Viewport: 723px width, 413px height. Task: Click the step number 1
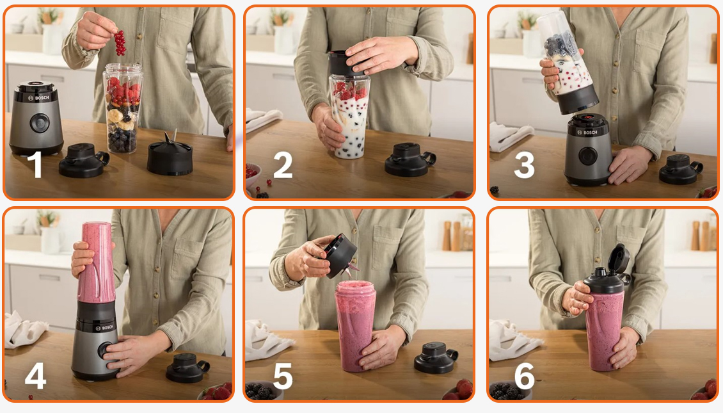(x=35, y=165)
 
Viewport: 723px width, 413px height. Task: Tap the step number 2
(x=283, y=165)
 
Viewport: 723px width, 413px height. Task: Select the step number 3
(x=524, y=165)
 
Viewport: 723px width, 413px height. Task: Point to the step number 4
(x=35, y=375)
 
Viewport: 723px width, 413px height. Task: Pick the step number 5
(x=283, y=376)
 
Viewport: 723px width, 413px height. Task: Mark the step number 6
(x=524, y=376)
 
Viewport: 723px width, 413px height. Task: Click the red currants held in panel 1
(x=120, y=42)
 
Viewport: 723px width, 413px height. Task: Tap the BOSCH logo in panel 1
(x=39, y=98)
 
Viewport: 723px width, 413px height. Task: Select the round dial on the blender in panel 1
(x=40, y=123)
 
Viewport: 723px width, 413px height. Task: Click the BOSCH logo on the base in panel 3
(x=587, y=132)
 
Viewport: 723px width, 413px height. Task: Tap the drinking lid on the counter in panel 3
(x=681, y=169)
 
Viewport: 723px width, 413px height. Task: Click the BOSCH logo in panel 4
(x=105, y=328)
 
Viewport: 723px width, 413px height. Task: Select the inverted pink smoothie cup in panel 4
(x=97, y=263)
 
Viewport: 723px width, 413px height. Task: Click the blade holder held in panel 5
(x=340, y=255)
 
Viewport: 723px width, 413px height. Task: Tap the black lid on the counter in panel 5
(x=435, y=357)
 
